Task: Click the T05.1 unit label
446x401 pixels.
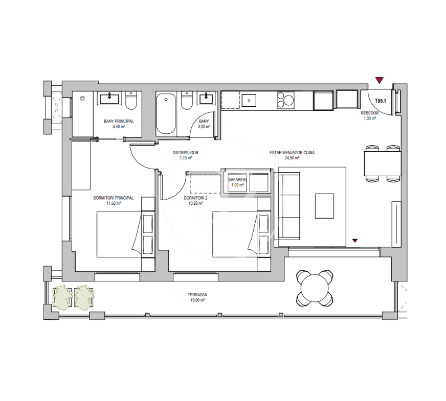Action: [381, 101]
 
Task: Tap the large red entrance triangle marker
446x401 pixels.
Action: [379, 80]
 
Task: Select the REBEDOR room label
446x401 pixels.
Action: [370, 113]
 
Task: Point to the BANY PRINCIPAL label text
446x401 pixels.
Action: [119, 121]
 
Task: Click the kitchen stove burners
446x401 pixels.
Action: [285, 100]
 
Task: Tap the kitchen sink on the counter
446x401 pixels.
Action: [249, 100]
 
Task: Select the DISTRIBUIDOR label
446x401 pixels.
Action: [186, 153]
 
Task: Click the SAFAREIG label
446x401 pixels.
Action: [237, 180]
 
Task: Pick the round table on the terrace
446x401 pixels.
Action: [315, 288]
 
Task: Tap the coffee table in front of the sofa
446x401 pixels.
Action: [324, 206]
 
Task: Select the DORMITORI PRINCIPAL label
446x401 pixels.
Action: [114, 198]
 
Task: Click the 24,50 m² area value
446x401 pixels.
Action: [292, 158]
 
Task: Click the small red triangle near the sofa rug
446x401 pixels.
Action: [354, 241]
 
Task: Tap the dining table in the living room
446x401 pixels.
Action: [383, 164]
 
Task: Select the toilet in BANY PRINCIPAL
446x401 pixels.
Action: [131, 101]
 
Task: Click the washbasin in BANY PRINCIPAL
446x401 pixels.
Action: [109, 99]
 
